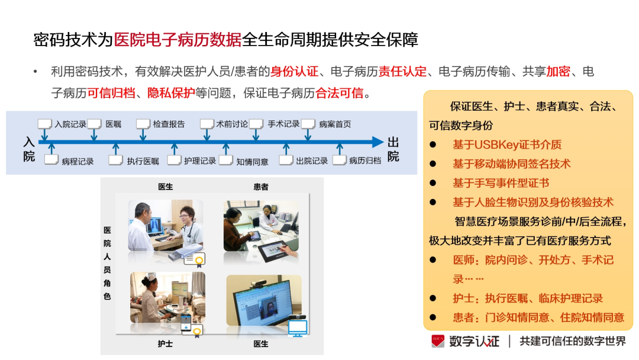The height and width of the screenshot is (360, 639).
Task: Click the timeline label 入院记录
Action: (x=70, y=124)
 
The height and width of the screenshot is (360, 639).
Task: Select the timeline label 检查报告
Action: (x=169, y=124)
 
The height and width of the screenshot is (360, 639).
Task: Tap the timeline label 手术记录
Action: (x=283, y=124)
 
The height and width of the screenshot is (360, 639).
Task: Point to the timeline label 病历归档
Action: (x=365, y=160)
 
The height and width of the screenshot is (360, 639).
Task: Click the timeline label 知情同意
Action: (x=252, y=162)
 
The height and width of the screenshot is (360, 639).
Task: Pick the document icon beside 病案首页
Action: (x=308, y=124)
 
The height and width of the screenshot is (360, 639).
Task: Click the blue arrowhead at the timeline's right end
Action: (x=377, y=142)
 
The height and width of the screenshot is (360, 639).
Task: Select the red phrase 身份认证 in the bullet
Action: (x=294, y=71)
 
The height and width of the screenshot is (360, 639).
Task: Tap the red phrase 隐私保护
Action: (x=171, y=93)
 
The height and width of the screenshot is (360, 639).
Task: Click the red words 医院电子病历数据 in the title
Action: (x=177, y=40)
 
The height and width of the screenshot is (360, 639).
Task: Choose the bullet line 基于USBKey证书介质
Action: (x=507, y=144)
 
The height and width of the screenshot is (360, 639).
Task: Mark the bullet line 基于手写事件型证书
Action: (x=501, y=182)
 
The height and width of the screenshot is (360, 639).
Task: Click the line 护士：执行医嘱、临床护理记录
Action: (x=528, y=298)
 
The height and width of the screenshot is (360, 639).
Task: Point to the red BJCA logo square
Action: (x=438, y=341)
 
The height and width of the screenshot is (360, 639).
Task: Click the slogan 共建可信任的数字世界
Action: (x=573, y=341)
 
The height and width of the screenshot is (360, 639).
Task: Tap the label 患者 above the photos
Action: (x=261, y=187)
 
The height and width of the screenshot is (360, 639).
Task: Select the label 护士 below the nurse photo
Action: (x=165, y=343)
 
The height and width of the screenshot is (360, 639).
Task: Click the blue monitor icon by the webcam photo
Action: (x=298, y=328)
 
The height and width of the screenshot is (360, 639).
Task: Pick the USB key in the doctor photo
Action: (x=185, y=251)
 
